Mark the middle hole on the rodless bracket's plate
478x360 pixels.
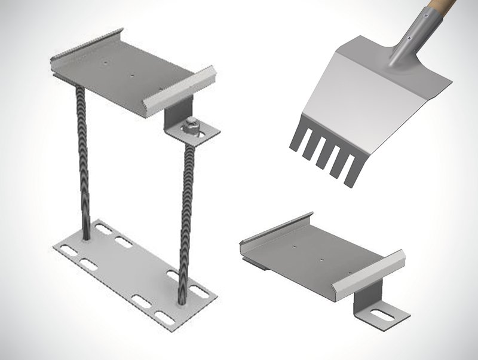(x=322, y=260)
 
